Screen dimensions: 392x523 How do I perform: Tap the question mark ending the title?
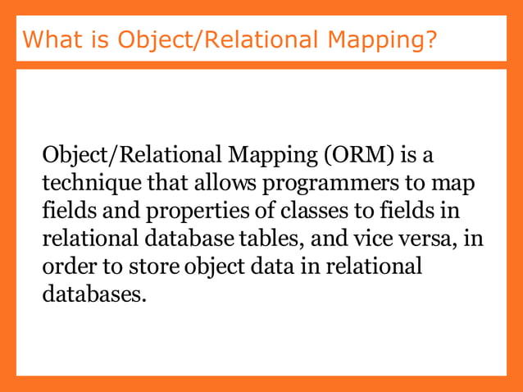pyautogui.click(x=429, y=39)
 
